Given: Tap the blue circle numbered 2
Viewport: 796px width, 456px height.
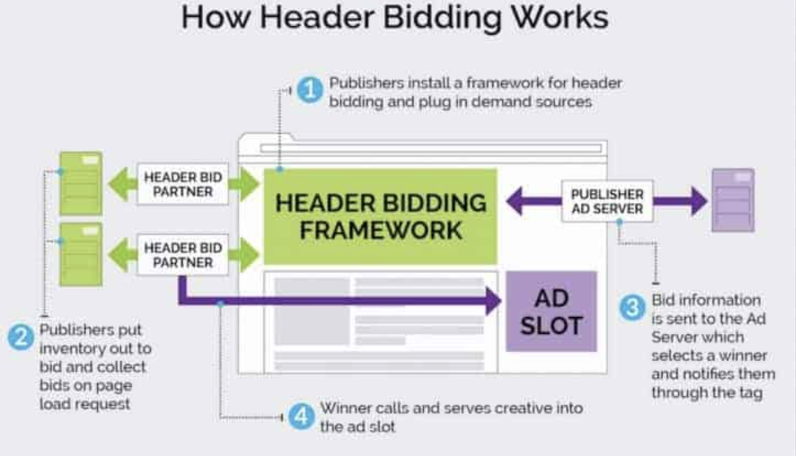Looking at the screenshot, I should (x=21, y=336).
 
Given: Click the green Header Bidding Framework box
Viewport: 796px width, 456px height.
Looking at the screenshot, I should (x=380, y=216).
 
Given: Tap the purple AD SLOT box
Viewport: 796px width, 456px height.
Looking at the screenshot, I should (x=551, y=311).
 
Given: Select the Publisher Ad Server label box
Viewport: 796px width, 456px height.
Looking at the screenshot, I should (x=607, y=202).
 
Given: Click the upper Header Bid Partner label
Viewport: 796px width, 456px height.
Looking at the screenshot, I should (x=182, y=184).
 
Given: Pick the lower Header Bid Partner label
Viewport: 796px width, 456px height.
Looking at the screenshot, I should (x=182, y=255).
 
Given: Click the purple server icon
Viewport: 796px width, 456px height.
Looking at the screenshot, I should (x=733, y=200).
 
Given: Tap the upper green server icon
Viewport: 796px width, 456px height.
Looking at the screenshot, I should (x=81, y=183).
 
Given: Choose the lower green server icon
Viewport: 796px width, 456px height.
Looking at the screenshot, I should (x=81, y=254).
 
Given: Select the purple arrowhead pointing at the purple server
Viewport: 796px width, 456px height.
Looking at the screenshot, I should (x=699, y=201).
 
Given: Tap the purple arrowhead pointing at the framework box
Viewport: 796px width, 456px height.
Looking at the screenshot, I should (x=514, y=201).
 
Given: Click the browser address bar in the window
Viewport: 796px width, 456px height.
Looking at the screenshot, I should (x=430, y=148).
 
